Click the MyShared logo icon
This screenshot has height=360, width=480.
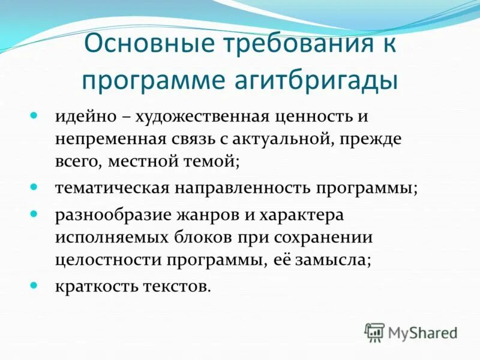374,332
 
